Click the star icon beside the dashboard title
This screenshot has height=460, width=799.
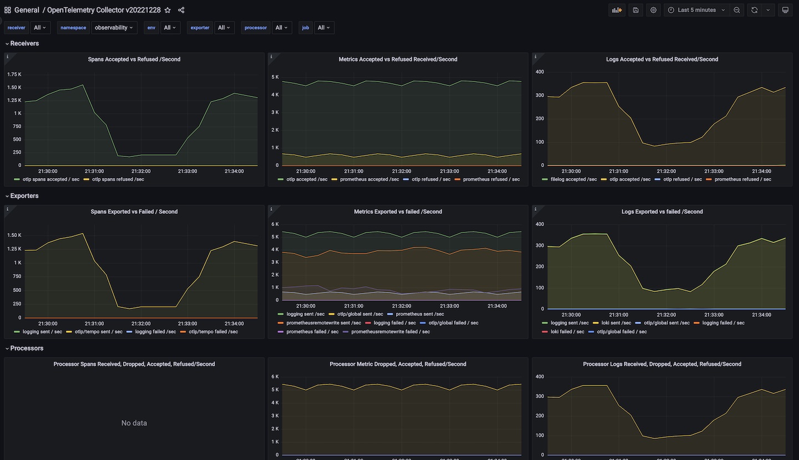point(168,10)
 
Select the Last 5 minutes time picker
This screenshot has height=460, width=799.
point(697,10)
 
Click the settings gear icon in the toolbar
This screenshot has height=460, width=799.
point(654,10)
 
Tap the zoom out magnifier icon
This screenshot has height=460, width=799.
point(737,10)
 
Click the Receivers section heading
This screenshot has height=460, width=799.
point(24,43)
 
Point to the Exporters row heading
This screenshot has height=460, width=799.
point(24,196)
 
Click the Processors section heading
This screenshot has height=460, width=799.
point(27,348)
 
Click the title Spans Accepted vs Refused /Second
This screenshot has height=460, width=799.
point(134,59)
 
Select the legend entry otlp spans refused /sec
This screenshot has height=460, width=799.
point(118,179)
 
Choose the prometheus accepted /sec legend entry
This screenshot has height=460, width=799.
point(369,179)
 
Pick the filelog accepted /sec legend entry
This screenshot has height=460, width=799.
point(573,179)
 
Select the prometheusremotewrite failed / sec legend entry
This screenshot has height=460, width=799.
point(390,332)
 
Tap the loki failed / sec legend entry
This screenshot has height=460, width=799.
point(567,332)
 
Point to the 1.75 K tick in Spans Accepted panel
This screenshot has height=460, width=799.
point(14,74)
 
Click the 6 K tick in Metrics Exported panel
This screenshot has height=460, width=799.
point(275,224)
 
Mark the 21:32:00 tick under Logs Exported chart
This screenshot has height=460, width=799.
point(666,315)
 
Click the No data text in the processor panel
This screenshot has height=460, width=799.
point(134,423)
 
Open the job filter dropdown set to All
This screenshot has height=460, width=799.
point(324,28)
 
